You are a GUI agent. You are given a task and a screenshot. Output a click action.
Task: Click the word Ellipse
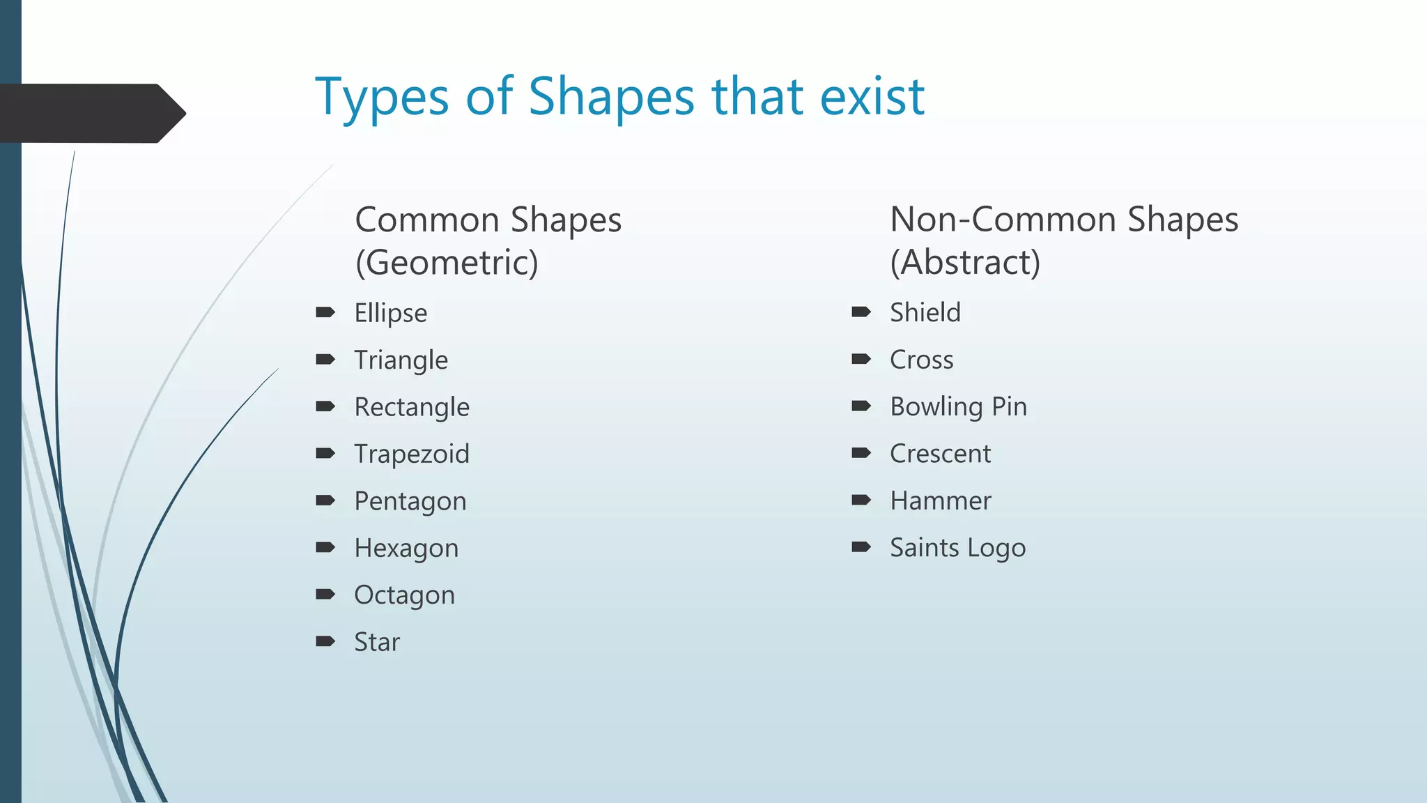(x=390, y=313)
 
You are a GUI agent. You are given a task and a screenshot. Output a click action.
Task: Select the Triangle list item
(x=401, y=360)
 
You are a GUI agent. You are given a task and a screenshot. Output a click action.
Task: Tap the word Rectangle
(x=411, y=407)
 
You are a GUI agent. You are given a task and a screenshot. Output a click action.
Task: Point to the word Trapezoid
(x=411, y=454)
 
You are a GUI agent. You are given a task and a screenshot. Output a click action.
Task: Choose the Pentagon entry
(x=410, y=501)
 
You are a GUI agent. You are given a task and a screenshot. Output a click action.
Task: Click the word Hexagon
(x=406, y=549)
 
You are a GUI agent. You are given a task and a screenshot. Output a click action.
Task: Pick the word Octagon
(x=404, y=595)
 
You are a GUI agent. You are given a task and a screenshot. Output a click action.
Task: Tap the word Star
(x=376, y=642)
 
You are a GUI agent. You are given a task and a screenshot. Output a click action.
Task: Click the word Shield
(x=925, y=312)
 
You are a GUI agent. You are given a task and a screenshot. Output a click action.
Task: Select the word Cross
(x=921, y=360)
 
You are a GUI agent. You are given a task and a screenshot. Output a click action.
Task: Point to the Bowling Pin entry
(x=958, y=406)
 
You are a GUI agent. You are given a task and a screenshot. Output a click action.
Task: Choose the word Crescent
(x=940, y=454)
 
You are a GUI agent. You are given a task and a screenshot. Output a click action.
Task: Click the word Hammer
(x=940, y=500)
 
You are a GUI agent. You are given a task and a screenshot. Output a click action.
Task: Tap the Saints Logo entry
(x=957, y=548)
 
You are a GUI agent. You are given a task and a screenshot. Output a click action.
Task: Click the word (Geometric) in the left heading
(x=447, y=263)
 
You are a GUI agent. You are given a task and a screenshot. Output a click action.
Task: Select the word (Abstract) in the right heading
(x=965, y=263)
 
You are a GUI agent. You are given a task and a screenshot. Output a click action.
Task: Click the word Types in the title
(x=381, y=98)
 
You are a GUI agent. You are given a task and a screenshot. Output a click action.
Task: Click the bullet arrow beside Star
(x=325, y=641)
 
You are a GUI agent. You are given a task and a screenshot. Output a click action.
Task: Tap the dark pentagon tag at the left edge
(x=91, y=113)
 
